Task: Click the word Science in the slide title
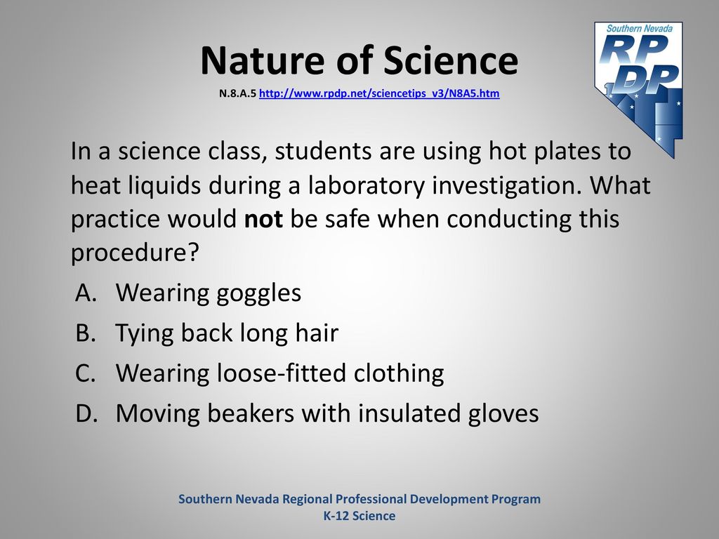coord(451,60)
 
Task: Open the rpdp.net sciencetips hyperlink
coord(379,93)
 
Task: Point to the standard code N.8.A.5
coord(237,93)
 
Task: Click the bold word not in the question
coord(263,219)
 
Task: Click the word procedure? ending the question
coord(135,253)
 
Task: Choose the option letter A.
coord(86,293)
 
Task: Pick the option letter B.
coord(86,333)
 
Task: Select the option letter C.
coord(86,373)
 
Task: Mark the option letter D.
coord(86,413)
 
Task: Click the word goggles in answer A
coord(258,294)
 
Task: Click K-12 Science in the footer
coord(359,516)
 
